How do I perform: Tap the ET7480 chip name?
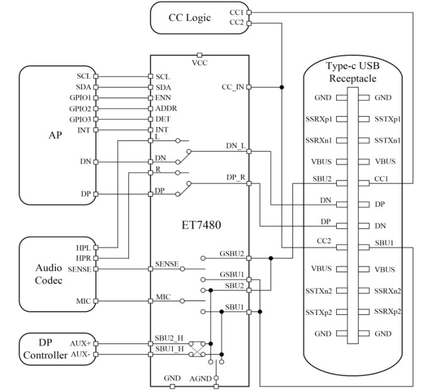pyautogui.click(x=199, y=223)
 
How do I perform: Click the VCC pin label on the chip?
pyautogui.click(x=199, y=63)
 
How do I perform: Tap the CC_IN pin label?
pyautogui.click(x=233, y=87)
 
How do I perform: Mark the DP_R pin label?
pyautogui.click(x=236, y=178)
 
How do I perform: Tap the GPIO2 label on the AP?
pyautogui.click(x=81, y=109)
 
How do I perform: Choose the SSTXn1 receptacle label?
pyautogui.click(x=388, y=141)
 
